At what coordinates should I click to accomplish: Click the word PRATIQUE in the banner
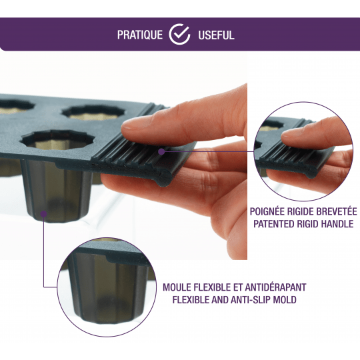pyautogui.click(x=140, y=35)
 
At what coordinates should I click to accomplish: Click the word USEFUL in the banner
pyautogui.click(x=216, y=35)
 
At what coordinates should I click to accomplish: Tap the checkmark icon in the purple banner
pyautogui.click(x=179, y=34)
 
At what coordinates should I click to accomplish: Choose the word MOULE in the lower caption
pyautogui.click(x=177, y=287)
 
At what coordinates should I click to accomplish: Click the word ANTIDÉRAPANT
pyautogui.click(x=275, y=287)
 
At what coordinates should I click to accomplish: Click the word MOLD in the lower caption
pyautogui.click(x=285, y=300)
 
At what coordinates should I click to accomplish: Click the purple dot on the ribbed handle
pyautogui.click(x=161, y=151)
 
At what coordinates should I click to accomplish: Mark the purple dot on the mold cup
pyautogui.click(x=43, y=214)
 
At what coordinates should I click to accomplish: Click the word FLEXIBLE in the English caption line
pyautogui.click(x=191, y=300)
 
